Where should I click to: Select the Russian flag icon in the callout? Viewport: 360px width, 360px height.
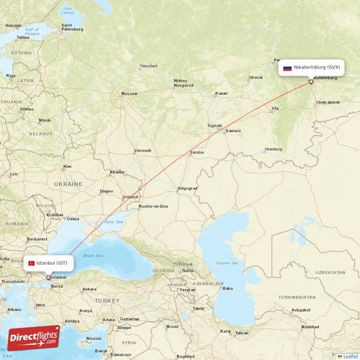click(x=287, y=68)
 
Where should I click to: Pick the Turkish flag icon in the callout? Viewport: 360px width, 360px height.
click(x=32, y=264)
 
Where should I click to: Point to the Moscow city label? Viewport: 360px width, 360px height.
click(x=129, y=94)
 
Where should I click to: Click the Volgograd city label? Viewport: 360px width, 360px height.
click(x=186, y=188)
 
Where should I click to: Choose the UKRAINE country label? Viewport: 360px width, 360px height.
click(x=69, y=184)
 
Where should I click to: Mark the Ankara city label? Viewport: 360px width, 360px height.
click(x=89, y=289)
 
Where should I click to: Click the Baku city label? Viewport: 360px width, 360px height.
click(x=228, y=288)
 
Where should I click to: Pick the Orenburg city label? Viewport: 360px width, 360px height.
click(x=274, y=149)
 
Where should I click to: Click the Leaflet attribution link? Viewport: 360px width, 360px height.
click(x=346, y=356)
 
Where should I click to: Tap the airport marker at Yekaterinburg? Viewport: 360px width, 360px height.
click(x=311, y=81)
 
